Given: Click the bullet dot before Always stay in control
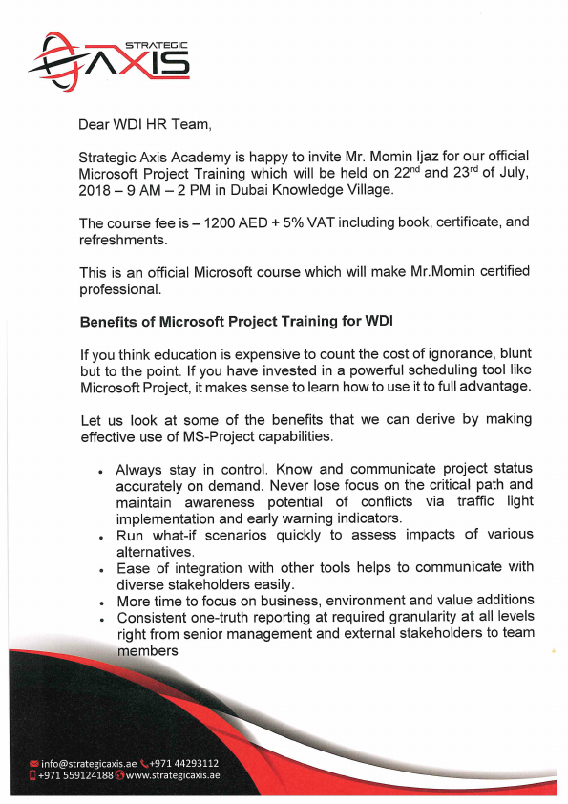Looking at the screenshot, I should click(101, 473).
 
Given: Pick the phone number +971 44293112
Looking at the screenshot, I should click(184, 764).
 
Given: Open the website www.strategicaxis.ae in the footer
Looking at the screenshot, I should click(173, 776).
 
